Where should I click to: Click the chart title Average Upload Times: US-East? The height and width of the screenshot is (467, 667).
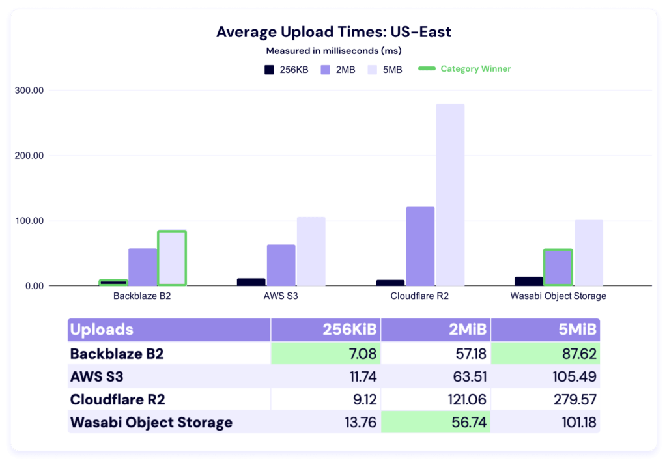[333, 32]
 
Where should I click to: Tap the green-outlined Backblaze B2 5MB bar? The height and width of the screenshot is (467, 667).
[172, 258]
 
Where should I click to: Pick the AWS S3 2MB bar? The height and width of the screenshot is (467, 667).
[281, 265]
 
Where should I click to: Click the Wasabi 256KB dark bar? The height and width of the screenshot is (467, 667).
[528, 281]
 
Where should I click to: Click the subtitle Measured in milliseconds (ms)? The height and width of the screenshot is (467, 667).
[333, 50]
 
